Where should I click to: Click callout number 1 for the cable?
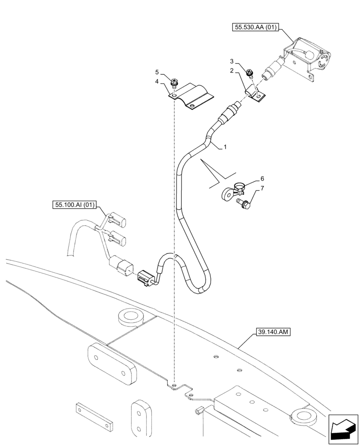[x=226, y=146]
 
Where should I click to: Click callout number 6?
[x=262, y=178]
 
